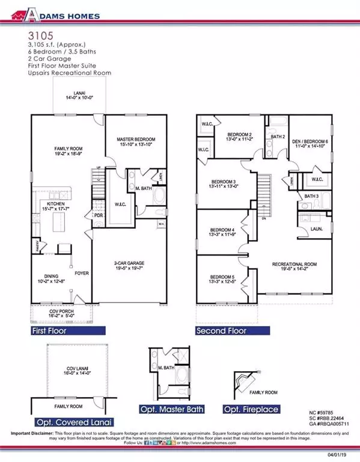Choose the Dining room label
[x=49, y=277]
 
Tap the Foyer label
[x=81, y=273]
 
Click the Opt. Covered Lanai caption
[x=75, y=422]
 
